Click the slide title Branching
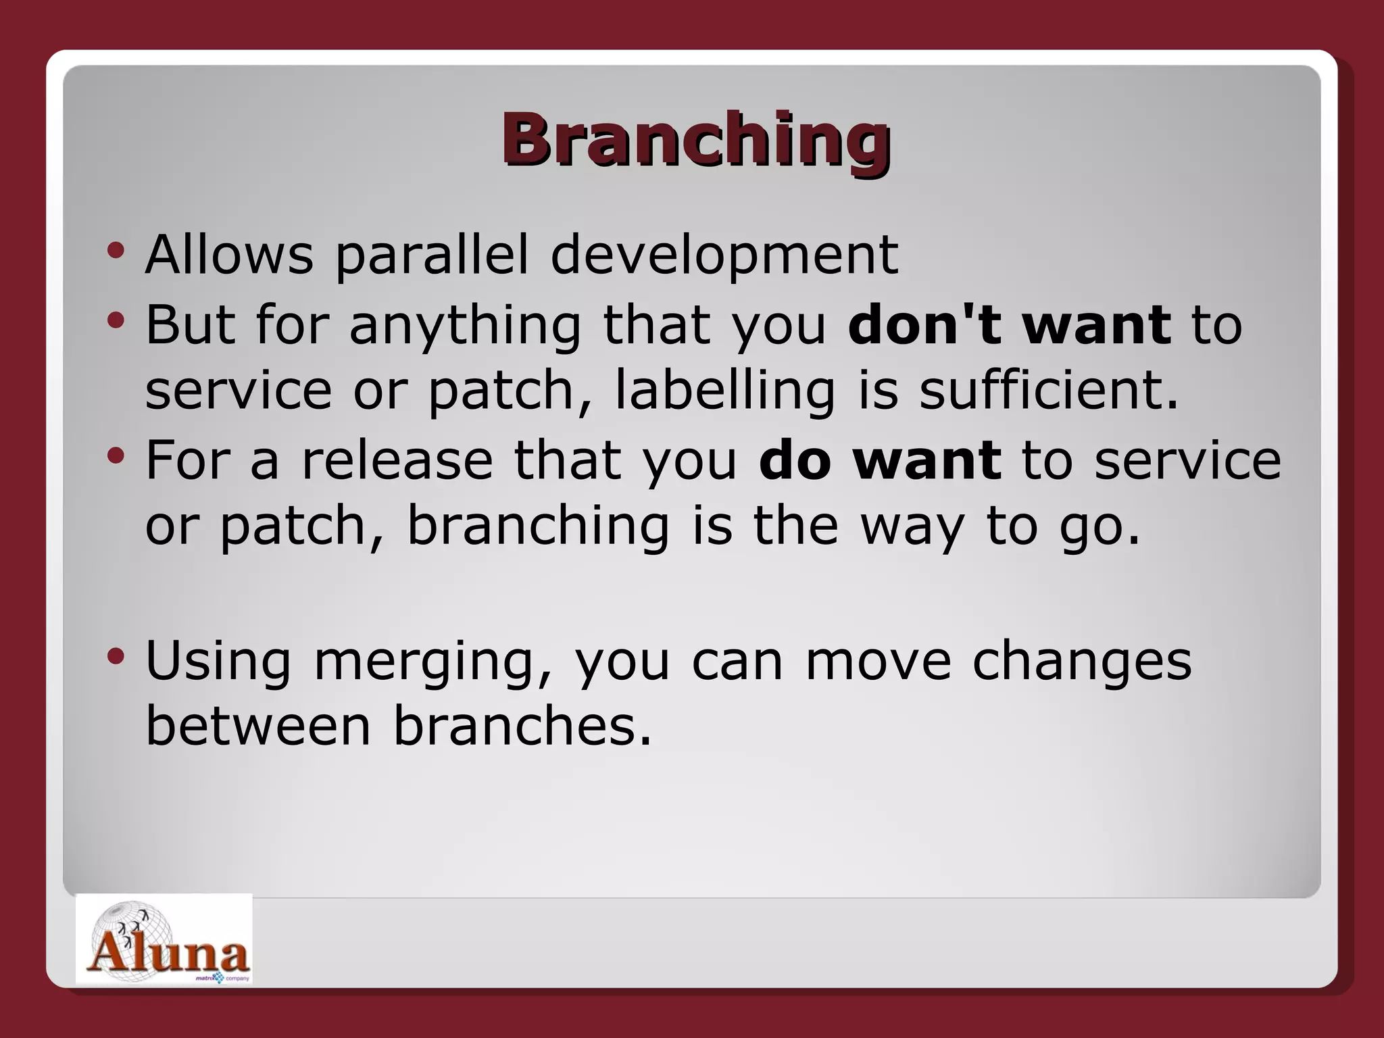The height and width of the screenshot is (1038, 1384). pos(695,139)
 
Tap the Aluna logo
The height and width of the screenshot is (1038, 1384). pos(164,939)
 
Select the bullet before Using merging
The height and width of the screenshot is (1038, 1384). pos(116,656)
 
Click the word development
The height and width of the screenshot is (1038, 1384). pos(724,255)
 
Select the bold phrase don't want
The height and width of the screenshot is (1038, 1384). pos(1010,324)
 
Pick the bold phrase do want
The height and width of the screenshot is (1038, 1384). pos(880,460)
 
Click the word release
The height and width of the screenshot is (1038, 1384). pos(397,460)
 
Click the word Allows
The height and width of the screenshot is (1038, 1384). pos(229,255)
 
